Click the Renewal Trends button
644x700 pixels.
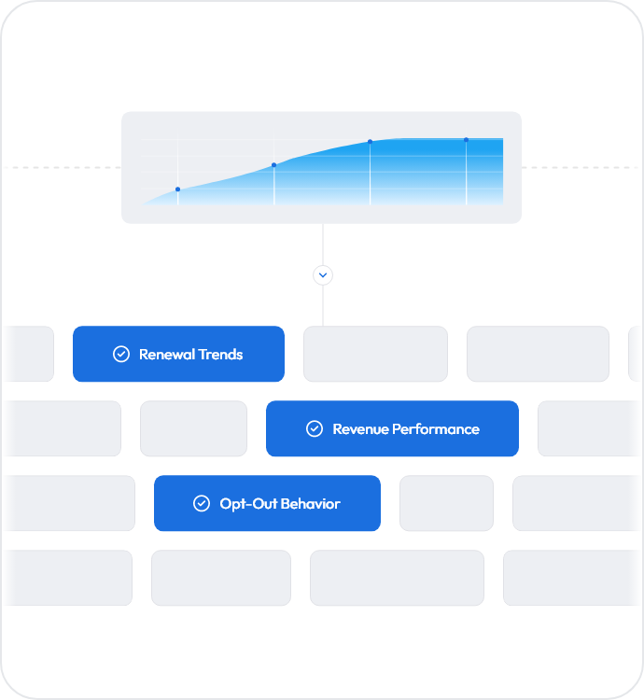pyautogui.click(x=178, y=354)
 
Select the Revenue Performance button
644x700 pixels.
pyautogui.click(x=392, y=428)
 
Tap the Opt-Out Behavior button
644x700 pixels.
pyautogui.click(x=267, y=503)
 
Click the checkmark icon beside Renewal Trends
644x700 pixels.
pyautogui.click(x=121, y=354)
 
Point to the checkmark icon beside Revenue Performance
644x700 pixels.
pyautogui.click(x=315, y=428)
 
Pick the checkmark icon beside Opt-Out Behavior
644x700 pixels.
pyautogui.click(x=202, y=503)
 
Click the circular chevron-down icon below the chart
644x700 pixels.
pyautogui.click(x=323, y=275)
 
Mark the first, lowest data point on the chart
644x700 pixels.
pyautogui.click(x=177, y=189)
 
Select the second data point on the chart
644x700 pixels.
pyautogui.click(x=274, y=165)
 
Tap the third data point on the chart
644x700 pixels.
pyautogui.click(x=370, y=142)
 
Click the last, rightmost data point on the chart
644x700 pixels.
pyautogui.click(x=466, y=140)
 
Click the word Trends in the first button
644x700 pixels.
pyautogui.click(x=220, y=355)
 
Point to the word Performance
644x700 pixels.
pyautogui.click(x=436, y=429)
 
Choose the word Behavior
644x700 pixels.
pyautogui.click(x=310, y=504)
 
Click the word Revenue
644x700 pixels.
pyautogui.click(x=361, y=429)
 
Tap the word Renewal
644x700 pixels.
pyautogui.click(x=167, y=355)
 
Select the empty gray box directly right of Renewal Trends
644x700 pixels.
pyautogui.click(x=375, y=354)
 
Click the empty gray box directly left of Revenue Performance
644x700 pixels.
pyautogui.click(x=194, y=428)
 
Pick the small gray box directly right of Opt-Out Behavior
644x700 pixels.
pyautogui.click(x=446, y=503)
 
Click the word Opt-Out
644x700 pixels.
pyautogui.click(x=248, y=504)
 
